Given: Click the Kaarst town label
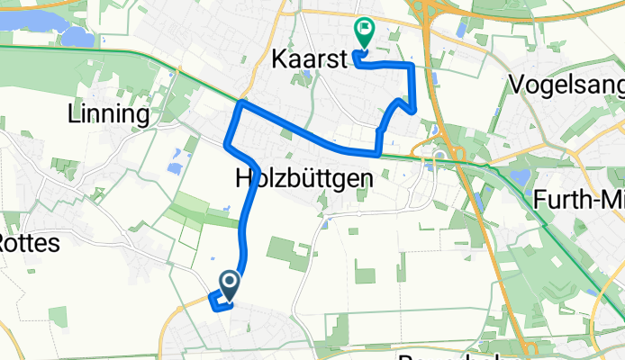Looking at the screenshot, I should (307, 59).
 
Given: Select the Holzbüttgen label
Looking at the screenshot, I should (303, 178).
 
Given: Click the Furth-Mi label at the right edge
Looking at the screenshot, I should (582, 199).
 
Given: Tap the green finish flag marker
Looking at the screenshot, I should (364, 33).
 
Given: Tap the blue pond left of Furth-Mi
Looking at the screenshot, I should (520, 177).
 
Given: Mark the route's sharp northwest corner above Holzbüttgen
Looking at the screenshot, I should (240, 105).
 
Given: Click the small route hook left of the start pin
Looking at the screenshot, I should (215, 301).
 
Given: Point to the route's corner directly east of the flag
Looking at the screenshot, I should (412, 66).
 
